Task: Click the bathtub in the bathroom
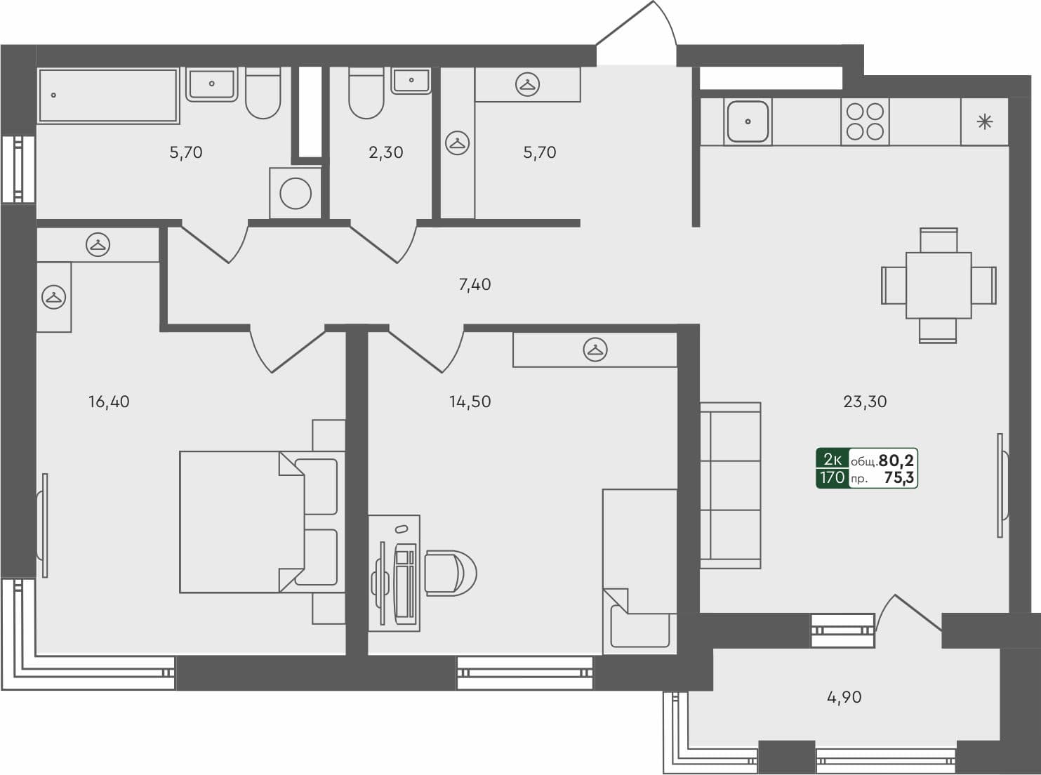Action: (108, 95)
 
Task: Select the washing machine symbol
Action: (296, 193)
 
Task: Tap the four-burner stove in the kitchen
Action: (865, 121)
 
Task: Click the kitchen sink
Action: (748, 121)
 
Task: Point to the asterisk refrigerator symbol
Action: (985, 121)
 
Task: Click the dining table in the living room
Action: (939, 285)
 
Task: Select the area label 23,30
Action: (865, 402)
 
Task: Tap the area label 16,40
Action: (109, 402)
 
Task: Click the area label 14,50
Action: (470, 402)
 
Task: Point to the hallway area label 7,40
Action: (475, 284)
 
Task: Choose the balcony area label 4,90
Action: (844, 697)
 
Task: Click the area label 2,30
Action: (386, 152)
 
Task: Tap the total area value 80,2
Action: (896, 461)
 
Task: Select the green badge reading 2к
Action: (833, 459)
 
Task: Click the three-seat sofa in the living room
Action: (730, 485)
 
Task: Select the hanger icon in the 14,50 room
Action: (595, 350)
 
